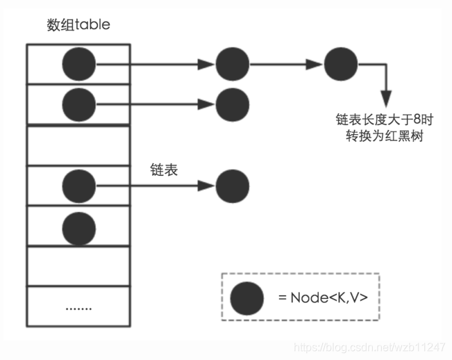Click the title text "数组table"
pyautogui.click(x=78, y=25)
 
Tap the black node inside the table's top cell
pyautogui.click(x=78, y=65)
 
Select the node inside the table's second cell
pyautogui.click(x=78, y=105)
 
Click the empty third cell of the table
pyautogui.click(x=78, y=145)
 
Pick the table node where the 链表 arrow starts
pyautogui.click(x=78, y=186)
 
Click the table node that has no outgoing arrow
pyautogui.click(x=78, y=226)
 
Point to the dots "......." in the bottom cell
pyautogui.click(x=78, y=306)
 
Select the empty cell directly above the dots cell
pyautogui.click(x=78, y=265)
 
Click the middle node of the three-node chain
pyautogui.click(x=232, y=65)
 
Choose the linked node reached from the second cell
pyautogui.click(x=232, y=105)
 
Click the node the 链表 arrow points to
pyautogui.click(x=232, y=186)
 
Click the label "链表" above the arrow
pyautogui.click(x=165, y=169)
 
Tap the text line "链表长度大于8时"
pyautogui.click(x=384, y=120)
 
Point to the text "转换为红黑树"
pyautogui.click(x=384, y=136)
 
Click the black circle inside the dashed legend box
pyautogui.click(x=247, y=297)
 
